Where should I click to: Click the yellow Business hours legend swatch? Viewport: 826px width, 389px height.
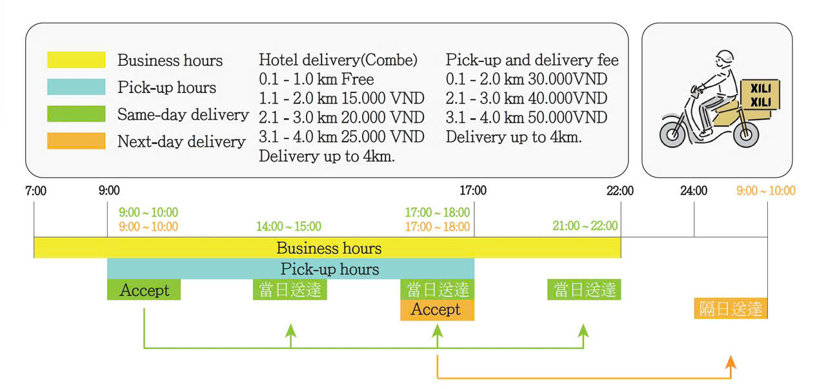[76, 60]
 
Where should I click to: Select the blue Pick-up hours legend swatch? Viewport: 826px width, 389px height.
[76, 87]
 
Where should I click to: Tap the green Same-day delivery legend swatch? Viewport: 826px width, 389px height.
[76, 114]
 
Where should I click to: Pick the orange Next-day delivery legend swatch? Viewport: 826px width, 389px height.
[76, 141]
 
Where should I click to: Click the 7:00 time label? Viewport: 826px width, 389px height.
[35, 191]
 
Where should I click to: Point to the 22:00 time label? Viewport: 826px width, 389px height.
[620, 191]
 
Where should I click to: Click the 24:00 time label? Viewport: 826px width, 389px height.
[694, 191]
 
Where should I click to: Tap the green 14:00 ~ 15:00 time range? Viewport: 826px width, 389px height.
[288, 227]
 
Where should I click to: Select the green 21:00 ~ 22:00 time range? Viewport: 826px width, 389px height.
[585, 226]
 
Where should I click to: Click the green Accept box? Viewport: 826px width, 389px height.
[144, 290]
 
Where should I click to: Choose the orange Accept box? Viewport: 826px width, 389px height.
[437, 310]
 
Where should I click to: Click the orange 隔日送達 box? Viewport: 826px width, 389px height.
[730, 309]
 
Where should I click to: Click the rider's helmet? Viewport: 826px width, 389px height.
[726, 58]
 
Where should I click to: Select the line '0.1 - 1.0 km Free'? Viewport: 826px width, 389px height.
[316, 80]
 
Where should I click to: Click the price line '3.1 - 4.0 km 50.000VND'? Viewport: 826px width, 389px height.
[527, 118]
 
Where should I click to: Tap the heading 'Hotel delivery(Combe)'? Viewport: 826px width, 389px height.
[338, 60]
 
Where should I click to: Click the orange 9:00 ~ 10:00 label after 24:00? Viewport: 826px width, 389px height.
[766, 191]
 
